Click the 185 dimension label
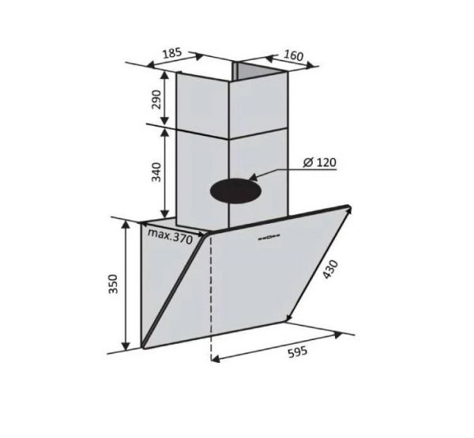(172, 53)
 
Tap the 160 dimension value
(293, 55)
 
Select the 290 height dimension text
(157, 100)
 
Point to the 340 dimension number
(156, 172)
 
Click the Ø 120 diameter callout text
(319, 163)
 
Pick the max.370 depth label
(170, 237)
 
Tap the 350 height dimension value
(113, 284)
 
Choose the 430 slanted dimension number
(329, 270)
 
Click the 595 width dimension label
(297, 353)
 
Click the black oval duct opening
(235, 191)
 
